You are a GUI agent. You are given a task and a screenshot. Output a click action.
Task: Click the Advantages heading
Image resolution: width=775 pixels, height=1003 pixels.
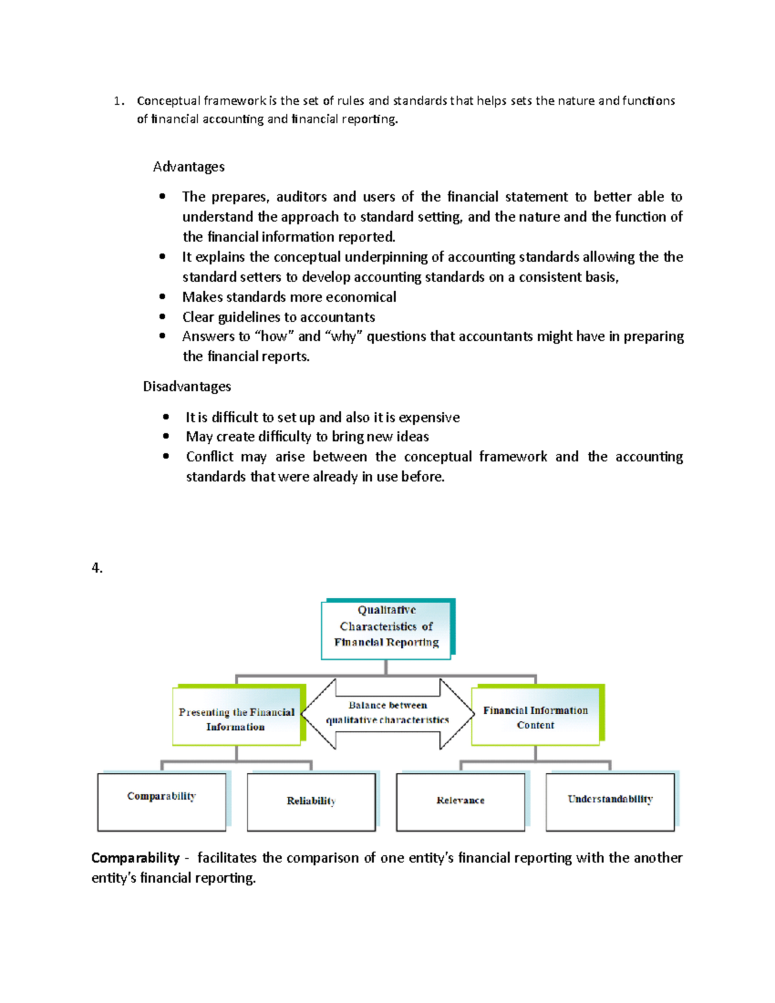tap(189, 167)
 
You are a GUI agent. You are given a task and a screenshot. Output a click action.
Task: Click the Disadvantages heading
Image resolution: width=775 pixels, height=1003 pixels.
tap(187, 386)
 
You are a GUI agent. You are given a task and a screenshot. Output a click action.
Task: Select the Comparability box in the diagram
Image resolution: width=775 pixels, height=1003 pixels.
tap(161, 801)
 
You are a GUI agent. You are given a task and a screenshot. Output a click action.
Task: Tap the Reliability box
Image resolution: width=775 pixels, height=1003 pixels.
tap(311, 801)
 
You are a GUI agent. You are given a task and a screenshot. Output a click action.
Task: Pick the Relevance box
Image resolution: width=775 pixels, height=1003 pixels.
tap(460, 801)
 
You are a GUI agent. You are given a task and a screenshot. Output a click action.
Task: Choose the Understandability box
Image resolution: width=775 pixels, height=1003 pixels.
tap(610, 801)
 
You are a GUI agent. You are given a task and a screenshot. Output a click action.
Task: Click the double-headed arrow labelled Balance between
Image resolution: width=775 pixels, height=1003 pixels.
tap(387, 713)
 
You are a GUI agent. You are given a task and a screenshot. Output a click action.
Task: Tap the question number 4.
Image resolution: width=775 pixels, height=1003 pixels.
tap(97, 568)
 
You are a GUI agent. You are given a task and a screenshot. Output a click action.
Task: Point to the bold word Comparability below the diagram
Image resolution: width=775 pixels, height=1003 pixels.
tap(135, 858)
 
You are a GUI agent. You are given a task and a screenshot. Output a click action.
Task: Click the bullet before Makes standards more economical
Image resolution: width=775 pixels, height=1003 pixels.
tap(162, 297)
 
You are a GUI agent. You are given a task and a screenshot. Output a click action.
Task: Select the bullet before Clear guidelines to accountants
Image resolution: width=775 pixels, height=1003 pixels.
tap(162, 317)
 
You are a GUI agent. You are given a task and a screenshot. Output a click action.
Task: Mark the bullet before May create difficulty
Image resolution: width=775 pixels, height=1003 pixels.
tap(166, 437)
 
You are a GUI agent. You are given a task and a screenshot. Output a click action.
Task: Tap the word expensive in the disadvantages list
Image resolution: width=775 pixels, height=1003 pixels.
tap(429, 417)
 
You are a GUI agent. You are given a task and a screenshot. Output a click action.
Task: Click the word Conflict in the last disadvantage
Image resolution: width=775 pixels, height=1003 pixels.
tap(209, 457)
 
